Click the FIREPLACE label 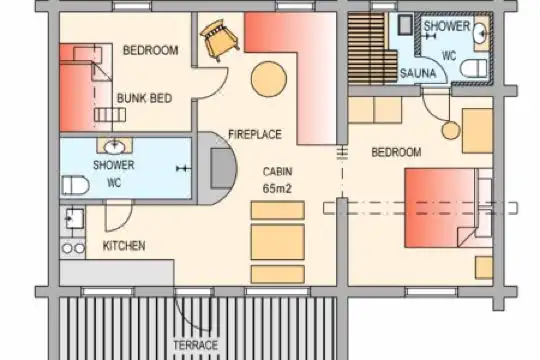255,134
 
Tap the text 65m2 277,188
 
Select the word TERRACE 196,345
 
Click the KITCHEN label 124,246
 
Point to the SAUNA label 418,73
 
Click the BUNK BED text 144,99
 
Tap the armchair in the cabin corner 219,41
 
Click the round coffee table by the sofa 269,79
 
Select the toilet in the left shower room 75,185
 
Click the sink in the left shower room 115,147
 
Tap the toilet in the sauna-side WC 474,69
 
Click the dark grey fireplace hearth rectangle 222,168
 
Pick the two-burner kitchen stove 73,248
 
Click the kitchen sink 74,219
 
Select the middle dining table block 278,242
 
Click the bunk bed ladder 110,115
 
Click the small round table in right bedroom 451,131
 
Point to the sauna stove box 405,25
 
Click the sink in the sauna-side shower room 481,33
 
